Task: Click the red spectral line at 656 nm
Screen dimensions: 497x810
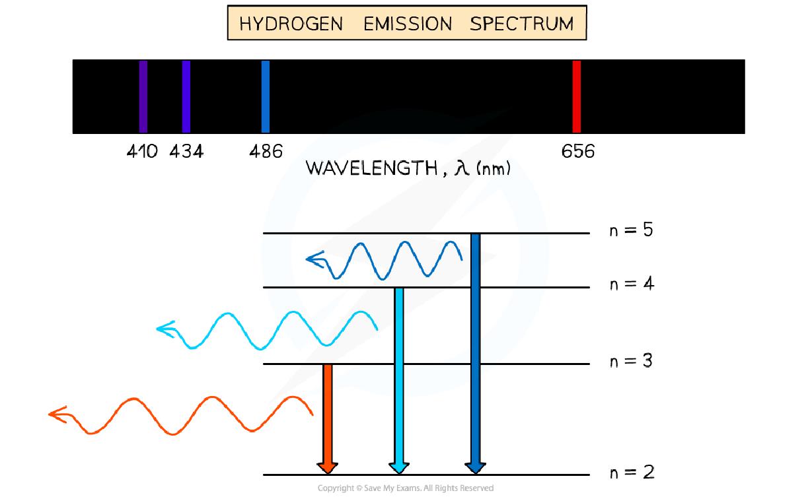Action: click(x=576, y=96)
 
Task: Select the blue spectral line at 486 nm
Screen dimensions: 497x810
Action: click(x=266, y=96)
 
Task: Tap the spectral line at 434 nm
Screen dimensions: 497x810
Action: click(x=186, y=96)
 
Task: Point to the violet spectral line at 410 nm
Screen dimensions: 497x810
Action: click(x=143, y=96)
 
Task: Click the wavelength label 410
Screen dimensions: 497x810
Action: click(x=142, y=152)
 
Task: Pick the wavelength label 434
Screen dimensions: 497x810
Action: click(x=186, y=152)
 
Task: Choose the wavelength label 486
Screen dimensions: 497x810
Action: click(x=266, y=152)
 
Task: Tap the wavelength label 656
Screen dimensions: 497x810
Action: click(x=578, y=152)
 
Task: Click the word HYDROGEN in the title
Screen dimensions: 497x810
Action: click(x=291, y=24)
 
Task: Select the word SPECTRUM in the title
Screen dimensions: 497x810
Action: click(x=521, y=24)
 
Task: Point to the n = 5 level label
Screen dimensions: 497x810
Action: click(x=631, y=230)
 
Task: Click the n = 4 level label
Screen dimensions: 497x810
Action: click(x=631, y=284)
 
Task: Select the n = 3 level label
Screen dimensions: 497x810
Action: click(x=631, y=361)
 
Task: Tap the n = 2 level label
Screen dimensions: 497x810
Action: click(x=631, y=472)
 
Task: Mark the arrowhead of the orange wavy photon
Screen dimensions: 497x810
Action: click(x=55, y=414)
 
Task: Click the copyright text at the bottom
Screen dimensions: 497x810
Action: click(x=405, y=488)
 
